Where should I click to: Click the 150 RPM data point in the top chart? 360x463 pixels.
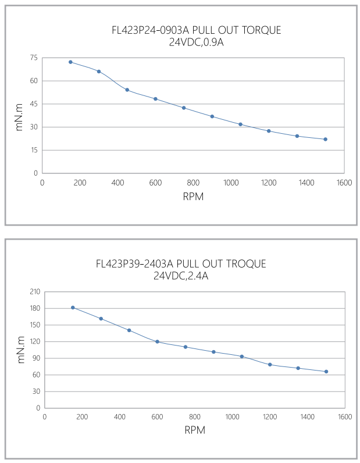70,62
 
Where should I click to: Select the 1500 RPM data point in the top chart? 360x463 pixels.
325,139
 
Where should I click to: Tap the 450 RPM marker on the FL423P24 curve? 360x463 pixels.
127,90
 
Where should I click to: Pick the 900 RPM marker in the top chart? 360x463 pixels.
212,116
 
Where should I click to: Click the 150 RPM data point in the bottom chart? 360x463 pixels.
73,307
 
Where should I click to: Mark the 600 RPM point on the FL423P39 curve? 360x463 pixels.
157,341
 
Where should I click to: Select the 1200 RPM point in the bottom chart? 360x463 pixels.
270,365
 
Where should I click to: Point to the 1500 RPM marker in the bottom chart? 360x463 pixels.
326,372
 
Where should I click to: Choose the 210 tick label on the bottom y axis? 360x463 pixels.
33,292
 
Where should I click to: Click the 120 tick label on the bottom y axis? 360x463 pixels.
33,341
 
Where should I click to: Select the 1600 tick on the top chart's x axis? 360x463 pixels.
344,183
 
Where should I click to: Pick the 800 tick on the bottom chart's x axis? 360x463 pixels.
195,417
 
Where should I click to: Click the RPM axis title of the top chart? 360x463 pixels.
193,197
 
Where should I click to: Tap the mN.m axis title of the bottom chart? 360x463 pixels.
21,350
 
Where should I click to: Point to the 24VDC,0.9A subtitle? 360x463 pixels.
196,41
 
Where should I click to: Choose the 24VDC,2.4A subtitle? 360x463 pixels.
181,276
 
